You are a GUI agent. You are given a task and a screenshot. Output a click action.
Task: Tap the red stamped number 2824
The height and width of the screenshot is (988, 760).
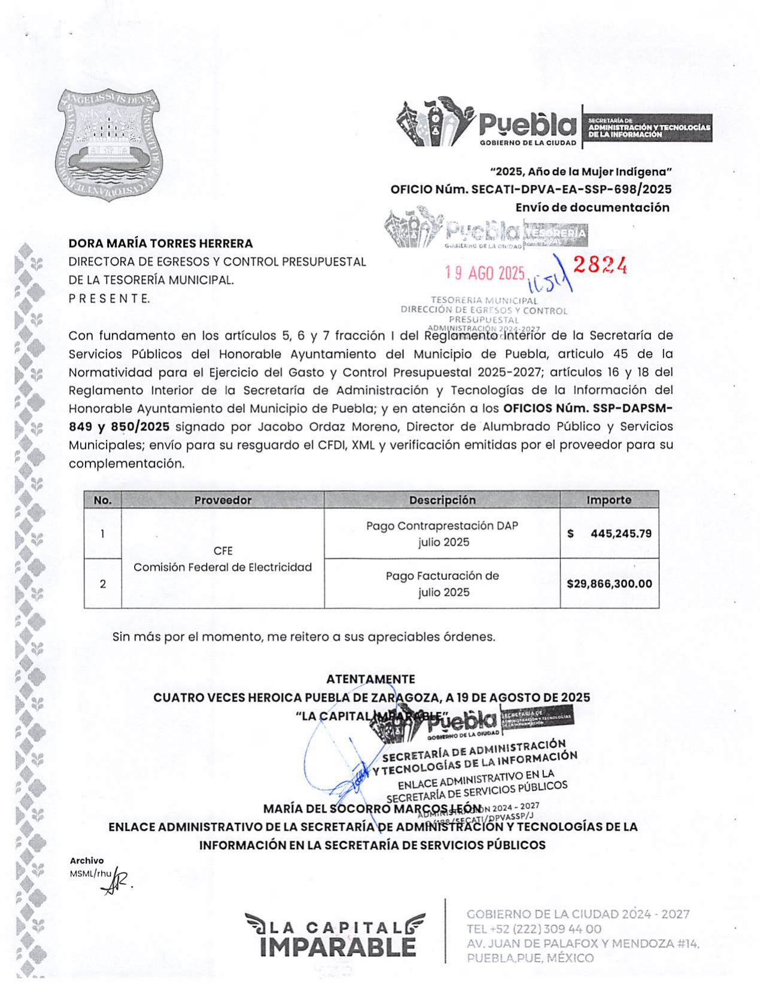coord(600,266)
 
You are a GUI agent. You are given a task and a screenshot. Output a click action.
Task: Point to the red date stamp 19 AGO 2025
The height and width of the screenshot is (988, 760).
coord(485,273)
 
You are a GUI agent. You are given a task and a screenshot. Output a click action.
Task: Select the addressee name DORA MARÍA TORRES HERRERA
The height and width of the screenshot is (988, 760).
coord(160,244)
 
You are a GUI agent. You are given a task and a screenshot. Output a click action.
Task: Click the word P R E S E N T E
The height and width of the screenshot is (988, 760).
coord(109,299)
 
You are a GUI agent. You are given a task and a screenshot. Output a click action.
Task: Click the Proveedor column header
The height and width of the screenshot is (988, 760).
coord(223,500)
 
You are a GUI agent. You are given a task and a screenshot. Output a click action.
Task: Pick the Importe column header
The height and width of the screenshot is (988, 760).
coord(609,500)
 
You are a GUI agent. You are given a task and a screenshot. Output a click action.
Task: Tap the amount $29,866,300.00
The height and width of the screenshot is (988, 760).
coord(609,584)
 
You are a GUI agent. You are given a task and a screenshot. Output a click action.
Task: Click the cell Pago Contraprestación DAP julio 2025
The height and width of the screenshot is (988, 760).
coord(442,534)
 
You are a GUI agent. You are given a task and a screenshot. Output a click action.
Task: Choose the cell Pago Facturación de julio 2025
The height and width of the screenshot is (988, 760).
coord(442,584)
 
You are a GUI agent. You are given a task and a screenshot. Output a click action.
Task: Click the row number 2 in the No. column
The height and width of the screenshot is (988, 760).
coord(103,584)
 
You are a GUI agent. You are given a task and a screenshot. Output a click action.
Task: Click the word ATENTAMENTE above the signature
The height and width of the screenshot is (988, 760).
coord(370,679)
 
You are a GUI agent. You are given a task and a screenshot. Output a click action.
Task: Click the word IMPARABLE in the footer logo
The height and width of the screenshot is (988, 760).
coord(338,947)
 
